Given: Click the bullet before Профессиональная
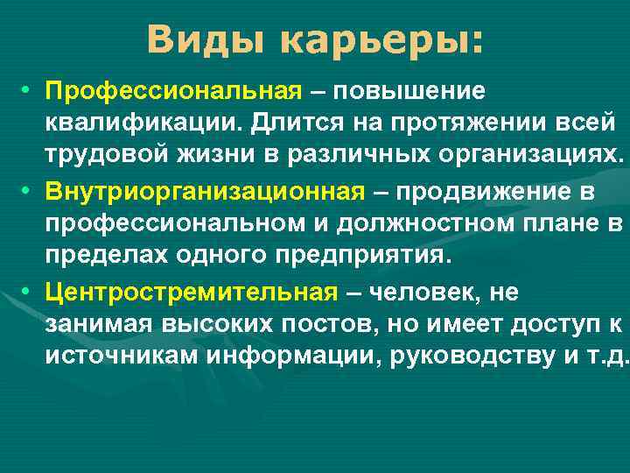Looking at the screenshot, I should click(x=28, y=91).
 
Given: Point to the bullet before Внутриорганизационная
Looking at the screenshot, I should click(x=28, y=190).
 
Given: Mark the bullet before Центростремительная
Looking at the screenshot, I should click(x=28, y=290).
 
